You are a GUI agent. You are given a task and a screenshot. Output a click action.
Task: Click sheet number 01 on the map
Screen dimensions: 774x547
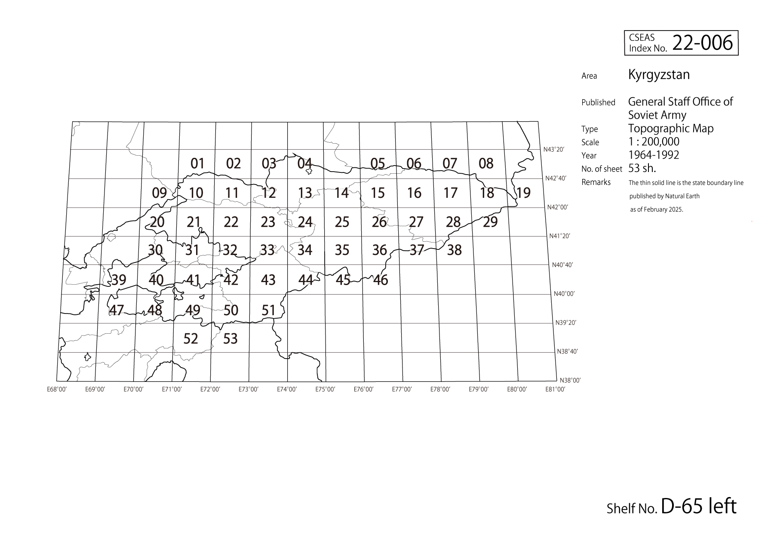197,163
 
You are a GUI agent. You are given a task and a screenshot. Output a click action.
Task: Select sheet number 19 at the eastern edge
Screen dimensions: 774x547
523,193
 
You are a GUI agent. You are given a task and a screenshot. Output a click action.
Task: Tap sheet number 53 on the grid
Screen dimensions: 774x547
230,339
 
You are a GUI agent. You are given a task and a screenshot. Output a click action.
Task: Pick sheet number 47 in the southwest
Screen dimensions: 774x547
117,310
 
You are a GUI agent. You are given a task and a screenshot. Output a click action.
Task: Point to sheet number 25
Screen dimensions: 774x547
342,222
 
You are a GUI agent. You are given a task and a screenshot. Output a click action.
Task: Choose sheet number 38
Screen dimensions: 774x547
455,250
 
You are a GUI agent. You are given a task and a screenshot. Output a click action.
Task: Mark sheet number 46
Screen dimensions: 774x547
381,280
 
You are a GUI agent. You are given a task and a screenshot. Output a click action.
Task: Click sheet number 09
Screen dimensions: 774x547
160,193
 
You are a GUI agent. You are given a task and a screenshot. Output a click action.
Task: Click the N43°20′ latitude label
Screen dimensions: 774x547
553,150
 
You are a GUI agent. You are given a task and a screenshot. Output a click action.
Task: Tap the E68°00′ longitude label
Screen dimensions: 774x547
57,389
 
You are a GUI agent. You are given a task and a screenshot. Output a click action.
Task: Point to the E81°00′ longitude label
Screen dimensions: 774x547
555,389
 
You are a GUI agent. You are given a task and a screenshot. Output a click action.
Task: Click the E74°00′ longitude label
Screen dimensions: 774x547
287,389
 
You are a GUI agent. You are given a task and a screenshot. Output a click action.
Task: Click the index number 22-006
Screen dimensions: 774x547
702,43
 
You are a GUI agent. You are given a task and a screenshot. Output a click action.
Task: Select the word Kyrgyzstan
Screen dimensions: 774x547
659,75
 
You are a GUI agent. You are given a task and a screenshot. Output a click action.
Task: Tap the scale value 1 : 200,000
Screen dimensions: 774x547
654,142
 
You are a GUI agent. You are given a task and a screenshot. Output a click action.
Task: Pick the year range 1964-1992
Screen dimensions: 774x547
654,155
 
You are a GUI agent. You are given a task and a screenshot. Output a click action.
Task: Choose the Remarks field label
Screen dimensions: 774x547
596,182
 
